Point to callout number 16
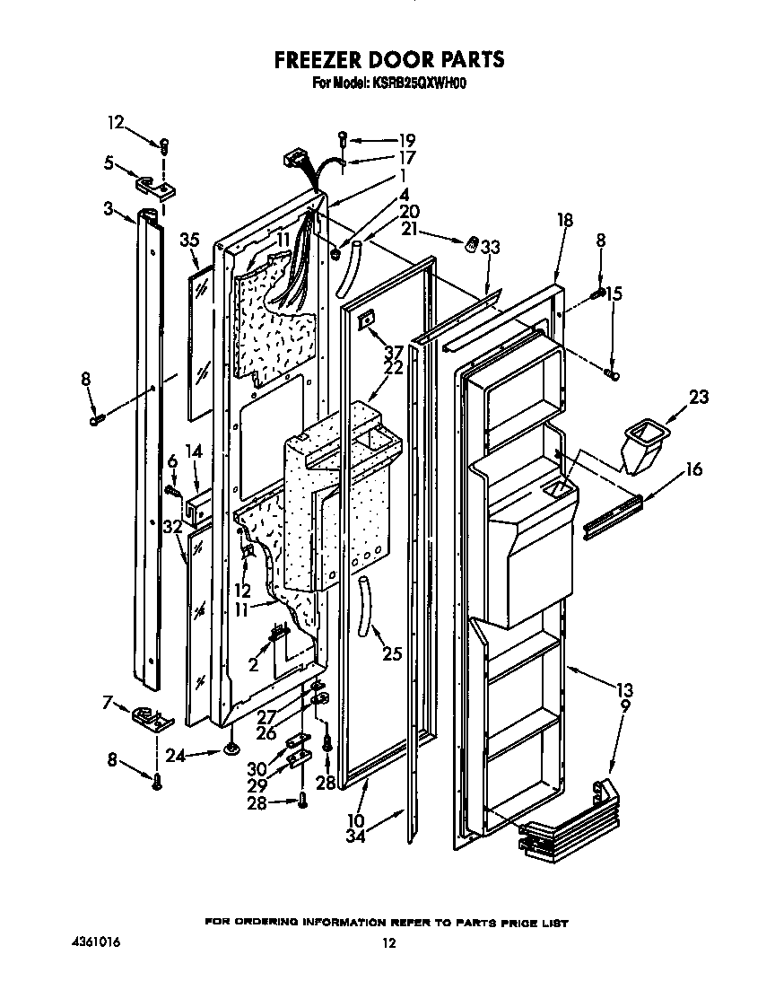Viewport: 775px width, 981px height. tap(694, 469)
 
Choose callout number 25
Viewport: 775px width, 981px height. tap(391, 654)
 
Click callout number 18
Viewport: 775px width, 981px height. tap(564, 220)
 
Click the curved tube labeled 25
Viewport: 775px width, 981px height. tap(365, 605)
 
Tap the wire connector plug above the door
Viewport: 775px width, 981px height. tap(292, 159)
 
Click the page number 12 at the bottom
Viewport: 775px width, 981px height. tap(387, 942)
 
